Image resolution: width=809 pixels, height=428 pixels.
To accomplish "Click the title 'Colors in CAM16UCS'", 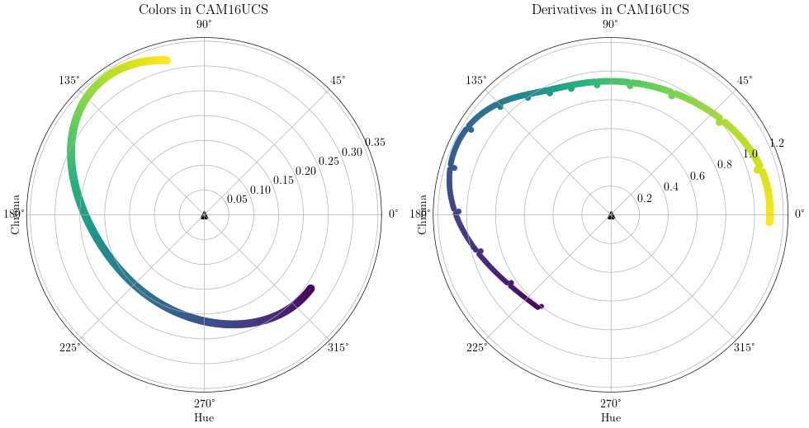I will coord(204,10).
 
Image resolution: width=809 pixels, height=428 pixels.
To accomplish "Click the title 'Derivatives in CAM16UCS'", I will coord(611,10).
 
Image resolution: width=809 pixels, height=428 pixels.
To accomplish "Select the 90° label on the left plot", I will coord(204,25).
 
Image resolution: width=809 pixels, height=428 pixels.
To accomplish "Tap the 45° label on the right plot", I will coord(745,80).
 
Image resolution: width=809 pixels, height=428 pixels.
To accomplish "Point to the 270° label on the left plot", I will coord(204,403).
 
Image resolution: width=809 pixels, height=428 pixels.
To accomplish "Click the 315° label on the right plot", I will coord(745,347).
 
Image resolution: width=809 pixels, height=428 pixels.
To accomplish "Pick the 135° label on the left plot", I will coord(69,80).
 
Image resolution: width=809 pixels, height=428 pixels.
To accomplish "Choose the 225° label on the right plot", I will coord(476,347).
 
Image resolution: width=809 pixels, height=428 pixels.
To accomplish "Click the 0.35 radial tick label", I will coord(374,143).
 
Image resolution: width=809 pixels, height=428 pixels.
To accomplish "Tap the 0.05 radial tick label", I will coord(238,199).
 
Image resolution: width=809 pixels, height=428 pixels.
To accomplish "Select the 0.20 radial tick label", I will coord(306,171).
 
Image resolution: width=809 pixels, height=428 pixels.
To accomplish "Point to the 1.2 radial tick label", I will coord(777,143).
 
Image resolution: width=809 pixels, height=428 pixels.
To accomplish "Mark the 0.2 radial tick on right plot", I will coord(645,198).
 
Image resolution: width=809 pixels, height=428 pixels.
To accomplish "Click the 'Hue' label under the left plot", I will coord(204,418).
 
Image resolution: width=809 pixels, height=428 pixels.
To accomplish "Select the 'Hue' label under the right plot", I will coord(611,418).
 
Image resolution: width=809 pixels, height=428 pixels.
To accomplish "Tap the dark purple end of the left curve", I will coord(310,289).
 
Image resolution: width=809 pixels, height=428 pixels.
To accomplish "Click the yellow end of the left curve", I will coord(166,60).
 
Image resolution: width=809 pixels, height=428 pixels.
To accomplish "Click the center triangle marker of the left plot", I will coord(204,215).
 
